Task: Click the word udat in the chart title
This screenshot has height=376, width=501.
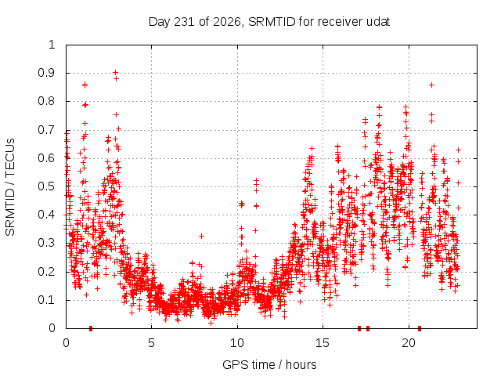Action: coord(377,22)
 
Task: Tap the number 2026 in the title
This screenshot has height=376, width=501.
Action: coord(226,22)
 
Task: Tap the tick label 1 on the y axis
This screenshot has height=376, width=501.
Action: coord(52,45)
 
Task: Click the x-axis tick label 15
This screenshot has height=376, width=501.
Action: coord(323,343)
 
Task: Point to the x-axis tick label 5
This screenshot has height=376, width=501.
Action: coord(151,343)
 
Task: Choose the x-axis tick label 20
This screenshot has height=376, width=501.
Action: coord(409,343)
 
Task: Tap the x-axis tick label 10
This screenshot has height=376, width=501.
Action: coord(236,343)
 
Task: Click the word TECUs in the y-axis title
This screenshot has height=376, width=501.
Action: coord(10,157)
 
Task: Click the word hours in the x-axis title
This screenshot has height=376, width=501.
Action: coord(301,364)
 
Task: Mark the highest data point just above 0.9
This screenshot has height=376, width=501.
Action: coord(115,73)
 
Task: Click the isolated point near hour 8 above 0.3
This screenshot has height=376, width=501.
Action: coord(201,236)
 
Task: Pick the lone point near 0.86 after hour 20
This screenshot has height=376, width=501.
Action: coord(431,85)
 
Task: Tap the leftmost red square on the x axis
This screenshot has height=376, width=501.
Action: coord(91,328)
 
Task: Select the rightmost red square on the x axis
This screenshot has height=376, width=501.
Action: coord(420,328)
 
